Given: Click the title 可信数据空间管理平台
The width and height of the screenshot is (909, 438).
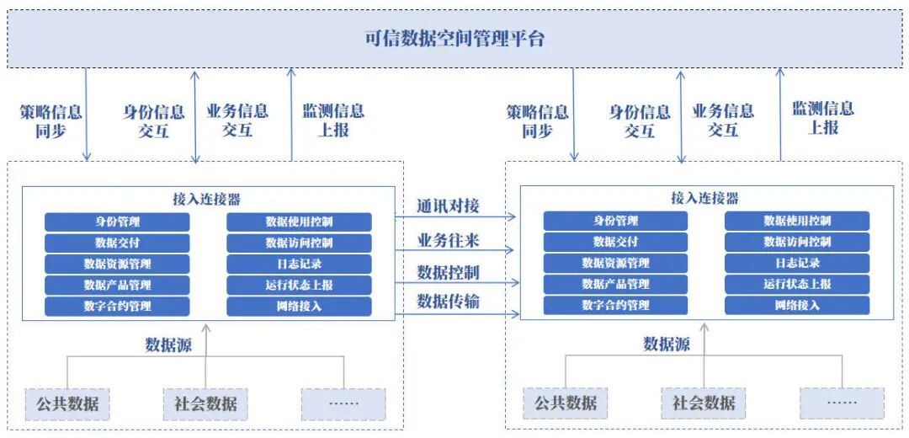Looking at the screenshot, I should [x=454, y=39].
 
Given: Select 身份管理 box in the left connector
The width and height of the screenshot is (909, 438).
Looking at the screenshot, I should [x=117, y=222].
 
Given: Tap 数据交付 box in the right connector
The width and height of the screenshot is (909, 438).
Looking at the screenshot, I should [x=615, y=243].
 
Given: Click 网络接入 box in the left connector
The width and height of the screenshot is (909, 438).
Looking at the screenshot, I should [x=299, y=307].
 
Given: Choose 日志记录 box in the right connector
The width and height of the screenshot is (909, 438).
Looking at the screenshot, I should [x=797, y=264].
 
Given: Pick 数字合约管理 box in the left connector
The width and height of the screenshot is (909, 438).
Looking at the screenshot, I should [x=117, y=307].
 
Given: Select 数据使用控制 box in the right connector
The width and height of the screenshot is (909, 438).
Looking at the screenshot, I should [x=797, y=222].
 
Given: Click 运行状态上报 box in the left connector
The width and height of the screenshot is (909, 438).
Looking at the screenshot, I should [x=299, y=286].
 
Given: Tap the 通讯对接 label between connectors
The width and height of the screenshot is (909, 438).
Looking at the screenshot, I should [x=448, y=206].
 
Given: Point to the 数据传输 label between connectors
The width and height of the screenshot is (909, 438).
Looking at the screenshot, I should [x=448, y=301].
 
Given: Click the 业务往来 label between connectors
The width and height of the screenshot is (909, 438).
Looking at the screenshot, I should [x=448, y=240].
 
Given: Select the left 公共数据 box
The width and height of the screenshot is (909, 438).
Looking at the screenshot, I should [x=67, y=403].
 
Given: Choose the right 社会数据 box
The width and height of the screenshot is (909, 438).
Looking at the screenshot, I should [x=704, y=403].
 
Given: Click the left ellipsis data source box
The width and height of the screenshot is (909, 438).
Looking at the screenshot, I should [x=343, y=403].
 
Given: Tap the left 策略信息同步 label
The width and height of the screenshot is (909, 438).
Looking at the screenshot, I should [x=51, y=120].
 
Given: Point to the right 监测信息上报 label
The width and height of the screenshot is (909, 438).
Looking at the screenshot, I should [x=823, y=118].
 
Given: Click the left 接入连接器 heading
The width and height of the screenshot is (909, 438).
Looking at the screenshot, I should [x=206, y=200].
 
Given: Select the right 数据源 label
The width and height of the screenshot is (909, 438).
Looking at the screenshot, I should [x=667, y=344].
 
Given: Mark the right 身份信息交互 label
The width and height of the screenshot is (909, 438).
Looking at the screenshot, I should [x=640, y=121].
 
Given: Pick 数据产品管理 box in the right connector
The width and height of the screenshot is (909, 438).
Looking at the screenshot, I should [x=615, y=285].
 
